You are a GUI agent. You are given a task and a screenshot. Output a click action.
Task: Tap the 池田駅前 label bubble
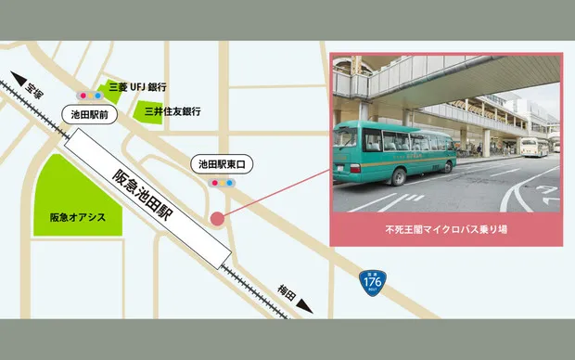91,114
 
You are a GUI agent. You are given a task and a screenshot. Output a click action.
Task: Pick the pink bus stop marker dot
217,219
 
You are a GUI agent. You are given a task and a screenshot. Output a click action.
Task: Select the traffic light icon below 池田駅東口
224,184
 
